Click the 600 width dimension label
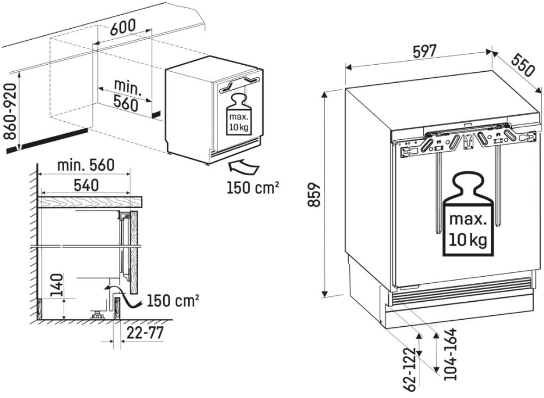click(122, 29)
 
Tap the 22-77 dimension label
click(144, 333)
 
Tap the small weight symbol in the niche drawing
click(238, 115)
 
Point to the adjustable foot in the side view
click(98, 313)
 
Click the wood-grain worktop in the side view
click(90, 202)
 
